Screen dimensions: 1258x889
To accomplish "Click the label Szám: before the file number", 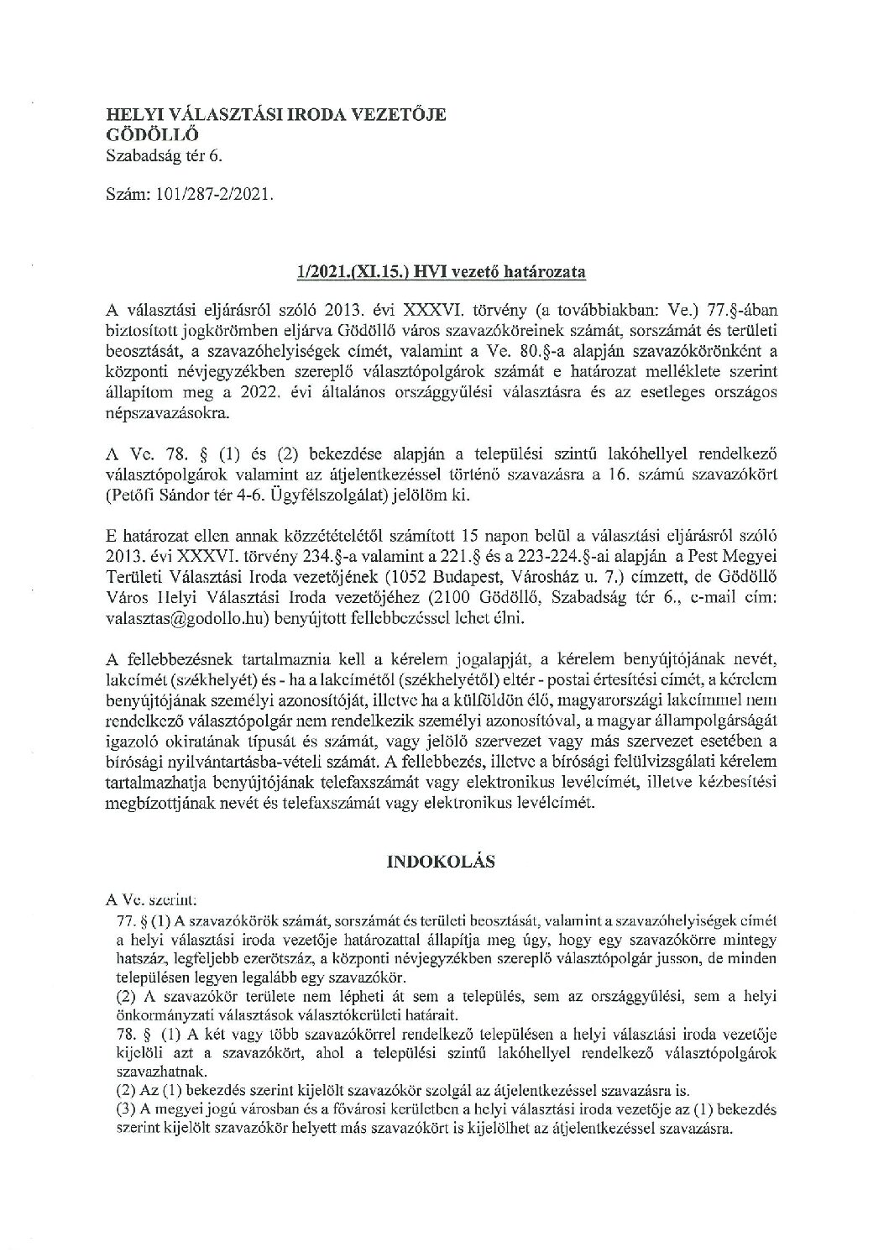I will [124, 193].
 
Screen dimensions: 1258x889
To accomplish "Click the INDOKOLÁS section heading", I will [442, 862].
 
